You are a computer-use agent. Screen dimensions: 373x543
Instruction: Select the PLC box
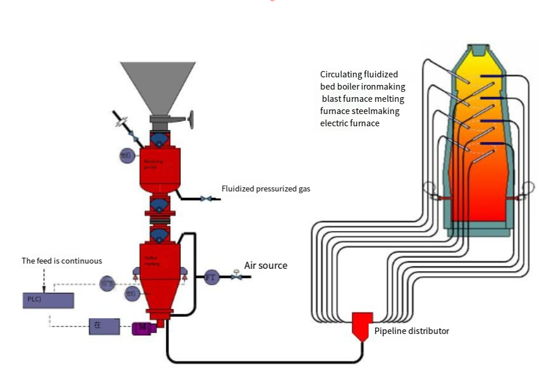tap(45, 300)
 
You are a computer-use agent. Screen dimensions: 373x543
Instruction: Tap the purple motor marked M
tap(143, 328)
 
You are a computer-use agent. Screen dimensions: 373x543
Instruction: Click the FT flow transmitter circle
tap(211, 277)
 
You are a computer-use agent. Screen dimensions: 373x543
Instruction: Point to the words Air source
tap(266, 265)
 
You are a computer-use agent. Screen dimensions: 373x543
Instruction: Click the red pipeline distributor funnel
tap(362, 326)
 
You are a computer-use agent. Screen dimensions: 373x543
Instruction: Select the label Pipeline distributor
tap(412, 331)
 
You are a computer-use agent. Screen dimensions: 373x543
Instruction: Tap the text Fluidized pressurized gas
tap(266, 189)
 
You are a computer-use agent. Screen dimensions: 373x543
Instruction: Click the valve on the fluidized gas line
tap(206, 199)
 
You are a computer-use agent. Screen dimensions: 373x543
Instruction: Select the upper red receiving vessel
tap(158, 166)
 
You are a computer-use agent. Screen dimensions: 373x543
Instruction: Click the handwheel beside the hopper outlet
tap(190, 120)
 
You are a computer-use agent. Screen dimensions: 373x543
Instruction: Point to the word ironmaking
tap(384, 86)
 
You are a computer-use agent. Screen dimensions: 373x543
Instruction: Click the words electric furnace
tap(349, 123)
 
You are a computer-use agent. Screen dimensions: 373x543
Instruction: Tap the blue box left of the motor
tap(104, 326)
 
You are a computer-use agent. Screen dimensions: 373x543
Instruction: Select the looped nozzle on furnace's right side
tap(528, 188)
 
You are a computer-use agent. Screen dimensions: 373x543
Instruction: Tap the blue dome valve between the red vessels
tap(158, 205)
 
